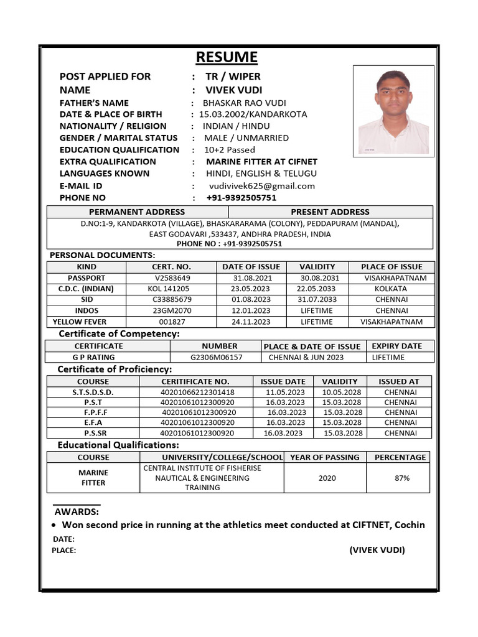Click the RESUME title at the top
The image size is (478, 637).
pyautogui.click(x=227, y=57)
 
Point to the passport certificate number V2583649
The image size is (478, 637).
pyautogui.click(x=172, y=278)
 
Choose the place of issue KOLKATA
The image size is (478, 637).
pyautogui.click(x=391, y=289)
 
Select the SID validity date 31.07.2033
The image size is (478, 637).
pyautogui.click(x=316, y=299)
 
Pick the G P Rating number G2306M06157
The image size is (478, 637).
pyautogui.click(x=217, y=357)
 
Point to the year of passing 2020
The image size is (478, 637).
pyautogui.click(x=327, y=478)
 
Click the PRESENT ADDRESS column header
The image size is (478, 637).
pyautogui.click(x=330, y=212)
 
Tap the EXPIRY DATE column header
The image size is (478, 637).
pyautogui.click(x=396, y=346)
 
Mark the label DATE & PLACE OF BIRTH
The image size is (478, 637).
pyautogui.click(x=111, y=114)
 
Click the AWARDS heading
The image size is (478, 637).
pyautogui.click(x=77, y=511)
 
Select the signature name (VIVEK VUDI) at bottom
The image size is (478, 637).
pyautogui.click(x=377, y=550)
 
